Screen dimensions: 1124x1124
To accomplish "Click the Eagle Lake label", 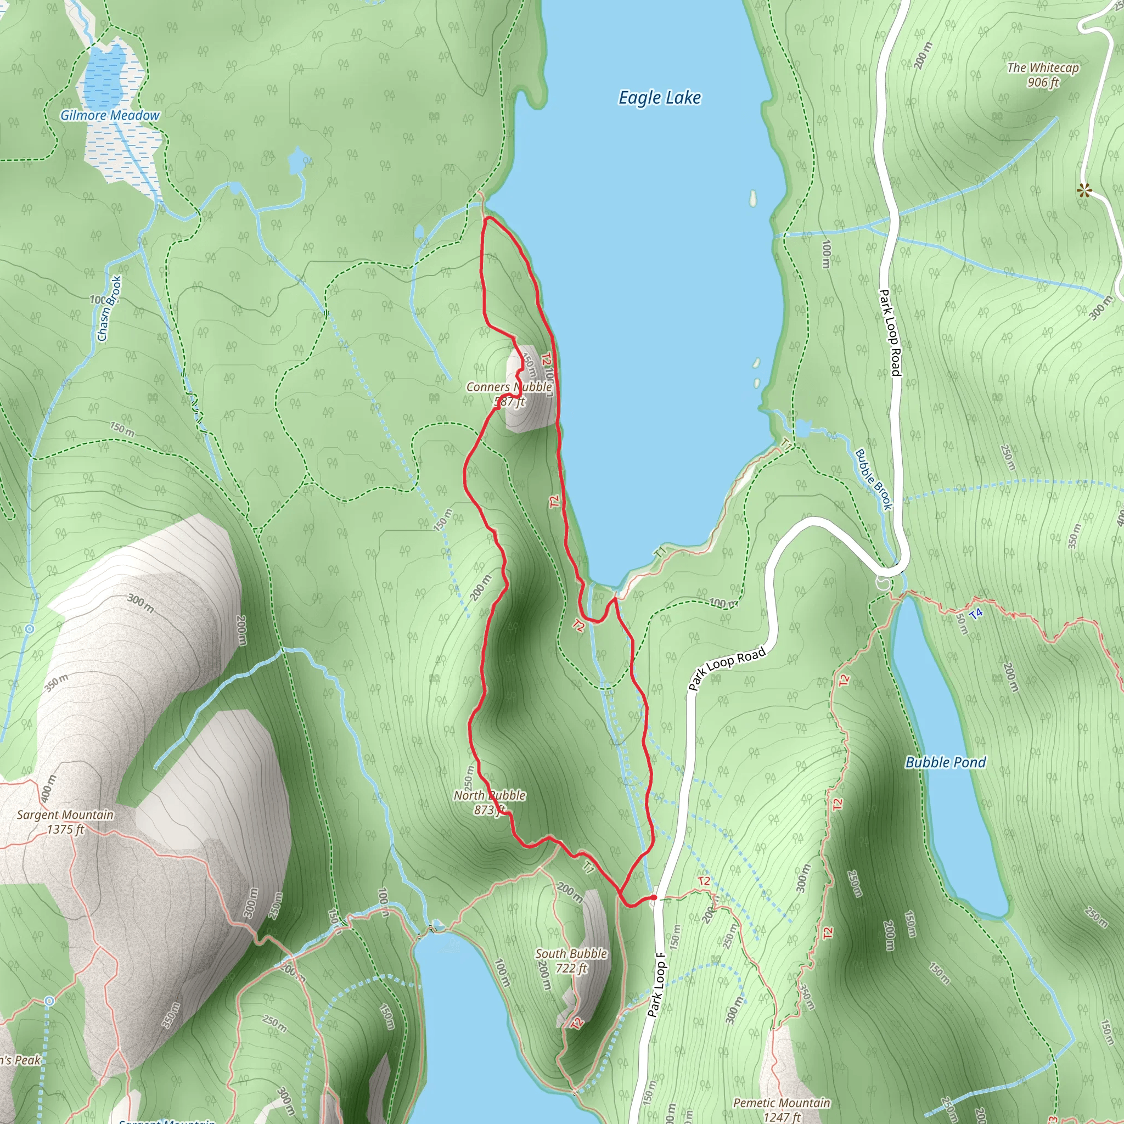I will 659,98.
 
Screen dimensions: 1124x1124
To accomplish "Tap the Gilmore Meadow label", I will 109,115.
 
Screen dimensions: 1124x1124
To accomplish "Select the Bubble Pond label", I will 946,762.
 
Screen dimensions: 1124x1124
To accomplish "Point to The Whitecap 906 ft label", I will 1043,75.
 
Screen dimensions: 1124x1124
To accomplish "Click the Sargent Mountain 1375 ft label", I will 65,822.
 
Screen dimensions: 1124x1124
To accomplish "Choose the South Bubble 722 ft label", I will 571,960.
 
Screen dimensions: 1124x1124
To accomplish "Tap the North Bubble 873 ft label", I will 490,802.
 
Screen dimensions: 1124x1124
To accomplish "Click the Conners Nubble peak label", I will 509,394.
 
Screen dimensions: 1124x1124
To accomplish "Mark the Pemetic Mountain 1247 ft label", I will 782,1109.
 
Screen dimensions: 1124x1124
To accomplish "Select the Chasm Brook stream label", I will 109,308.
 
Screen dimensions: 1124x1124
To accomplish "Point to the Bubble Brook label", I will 873,479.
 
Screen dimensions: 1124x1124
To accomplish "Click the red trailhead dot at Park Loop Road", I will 654,898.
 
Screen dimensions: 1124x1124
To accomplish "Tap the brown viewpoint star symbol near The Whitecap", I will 1083,190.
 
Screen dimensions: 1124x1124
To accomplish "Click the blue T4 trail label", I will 976,613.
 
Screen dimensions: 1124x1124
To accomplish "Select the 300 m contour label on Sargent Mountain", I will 141,603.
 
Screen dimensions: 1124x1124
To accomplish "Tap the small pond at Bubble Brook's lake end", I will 803,429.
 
